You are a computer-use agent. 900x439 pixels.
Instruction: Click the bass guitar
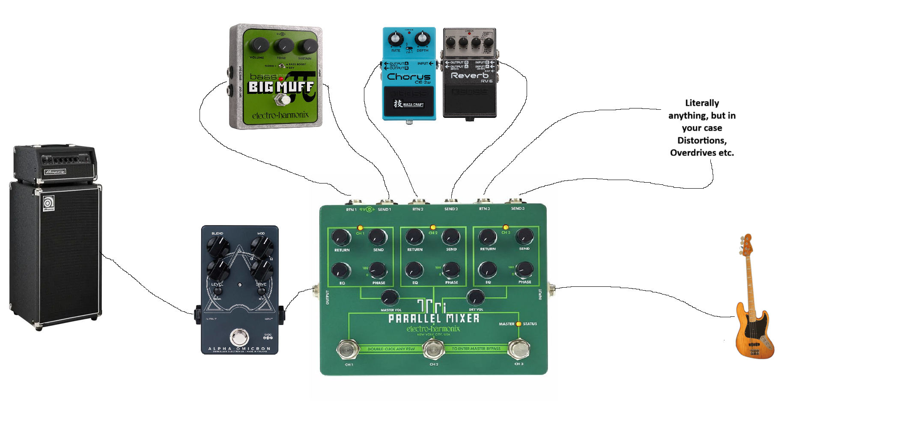click(753, 317)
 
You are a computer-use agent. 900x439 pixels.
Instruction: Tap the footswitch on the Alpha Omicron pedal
click(239, 337)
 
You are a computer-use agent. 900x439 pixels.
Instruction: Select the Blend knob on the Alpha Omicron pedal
click(218, 246)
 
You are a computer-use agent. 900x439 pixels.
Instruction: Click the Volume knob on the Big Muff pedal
click(259, 45)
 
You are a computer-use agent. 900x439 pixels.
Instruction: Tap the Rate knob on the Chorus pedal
click(396, 39)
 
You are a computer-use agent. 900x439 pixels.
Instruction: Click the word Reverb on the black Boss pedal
click(469, 75)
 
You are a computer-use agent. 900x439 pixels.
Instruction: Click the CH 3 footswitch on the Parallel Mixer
click(519, 349)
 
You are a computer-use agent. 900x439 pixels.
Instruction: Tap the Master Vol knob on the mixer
click(390, 297)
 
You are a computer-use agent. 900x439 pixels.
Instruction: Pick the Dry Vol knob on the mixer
click(475, 297)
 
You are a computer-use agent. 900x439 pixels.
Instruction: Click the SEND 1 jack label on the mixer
click(384, 209)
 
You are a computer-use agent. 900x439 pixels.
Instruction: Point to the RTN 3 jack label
click(484, 209)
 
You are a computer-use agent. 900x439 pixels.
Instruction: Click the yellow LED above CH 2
click(433, 227)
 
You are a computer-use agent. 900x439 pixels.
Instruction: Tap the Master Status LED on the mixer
click(519, 324)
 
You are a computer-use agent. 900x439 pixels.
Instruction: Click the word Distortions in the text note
click(702, 141)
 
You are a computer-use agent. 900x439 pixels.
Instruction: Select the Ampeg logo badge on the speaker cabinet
click(48, 203)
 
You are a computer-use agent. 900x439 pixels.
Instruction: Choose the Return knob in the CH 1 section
click(341, 237)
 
